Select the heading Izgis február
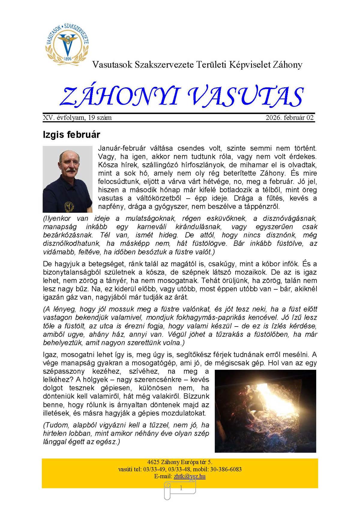click(71, 134)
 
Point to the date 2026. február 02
click(289, 118)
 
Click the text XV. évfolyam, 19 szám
click(77, 118)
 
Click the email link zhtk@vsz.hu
click(190, 476)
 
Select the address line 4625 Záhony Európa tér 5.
click(180, 462)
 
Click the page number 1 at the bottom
click(181, 488)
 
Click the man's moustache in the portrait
click(70, 170)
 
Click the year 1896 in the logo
click(68, 59)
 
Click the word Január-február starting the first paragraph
click(122, 148)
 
